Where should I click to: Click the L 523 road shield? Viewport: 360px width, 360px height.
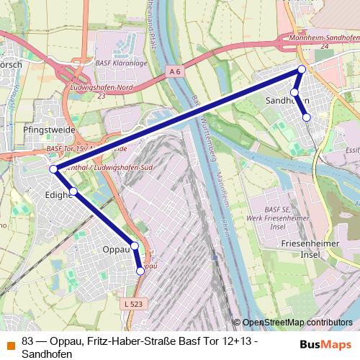tap(133, 305)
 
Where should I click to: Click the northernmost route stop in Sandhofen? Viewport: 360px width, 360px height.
tap(302, 69)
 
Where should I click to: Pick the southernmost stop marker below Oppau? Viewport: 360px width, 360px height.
tap(140, 271)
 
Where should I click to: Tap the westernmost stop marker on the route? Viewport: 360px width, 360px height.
tap(53, 169)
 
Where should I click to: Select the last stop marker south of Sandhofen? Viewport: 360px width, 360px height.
tap(306, 117)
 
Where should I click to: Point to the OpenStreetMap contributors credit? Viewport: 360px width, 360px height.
tap(297, 323)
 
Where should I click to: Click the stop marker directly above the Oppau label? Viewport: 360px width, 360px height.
tap(135, 246)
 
